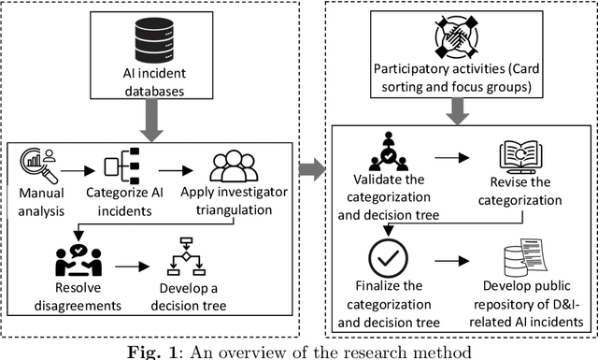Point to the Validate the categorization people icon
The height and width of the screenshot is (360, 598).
coord(387,149)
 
